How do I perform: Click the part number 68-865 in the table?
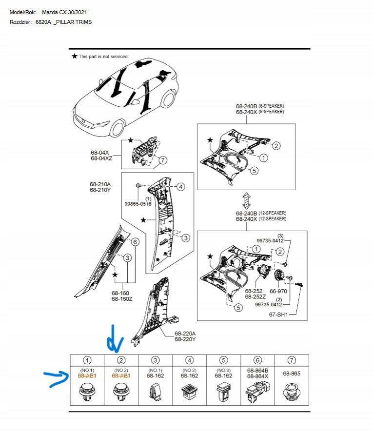click(x=292, y=373)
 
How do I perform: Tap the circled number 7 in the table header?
click(x=292, y=360)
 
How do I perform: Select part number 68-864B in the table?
click(x=257, y=371)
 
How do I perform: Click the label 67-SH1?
click(x=278, y=314)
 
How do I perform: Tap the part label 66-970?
click(x=278, y=291)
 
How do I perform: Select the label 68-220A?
click(x=185, y=334)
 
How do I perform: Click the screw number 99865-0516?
click(x=137, y=204)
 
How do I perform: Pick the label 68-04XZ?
click(x=101, y=158)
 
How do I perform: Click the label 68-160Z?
click(x=122, y=299)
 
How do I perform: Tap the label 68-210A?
click(x=100, y=184)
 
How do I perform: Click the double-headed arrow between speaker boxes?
click(x=246, y=201)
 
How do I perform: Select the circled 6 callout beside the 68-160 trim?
click(x=135, y=242)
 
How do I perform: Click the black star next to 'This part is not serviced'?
click(x=75, y=56)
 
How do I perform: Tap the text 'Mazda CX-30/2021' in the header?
click(x=64, y=12)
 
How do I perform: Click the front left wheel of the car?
click(x=118, y=129)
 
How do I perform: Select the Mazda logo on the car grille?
click(x=84, y=120)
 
